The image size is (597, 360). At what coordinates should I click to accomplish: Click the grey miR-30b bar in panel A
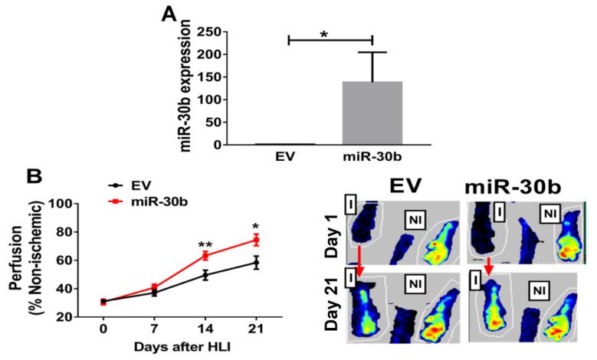[x=371, y=113]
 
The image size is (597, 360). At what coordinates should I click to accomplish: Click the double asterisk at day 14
[x=205, y=245]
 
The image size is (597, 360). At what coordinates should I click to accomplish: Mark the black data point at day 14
[x=205, y=275]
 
